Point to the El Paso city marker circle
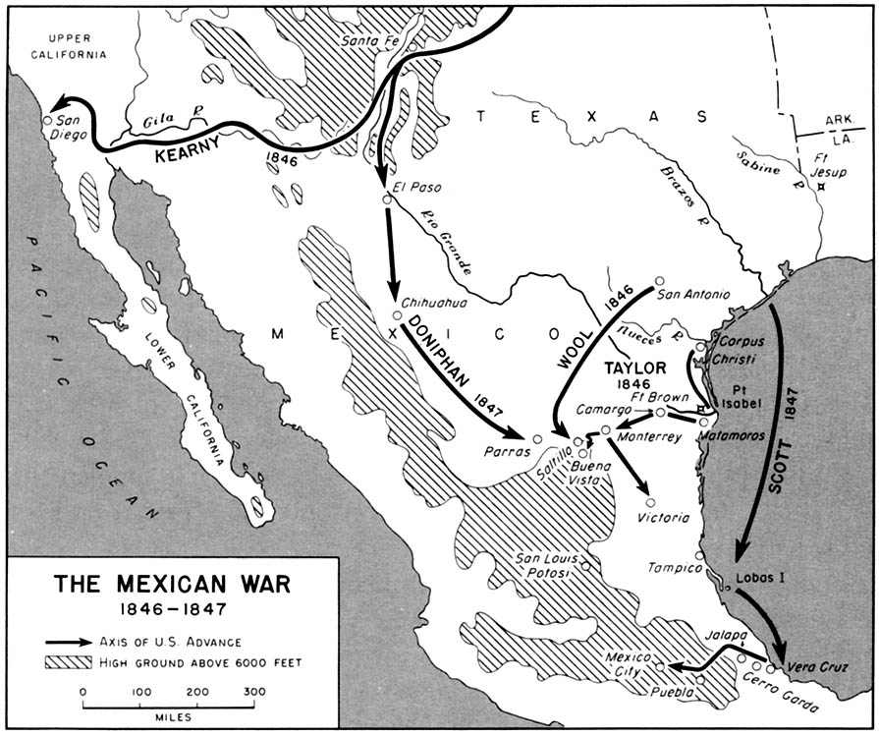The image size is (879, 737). pos(387,199)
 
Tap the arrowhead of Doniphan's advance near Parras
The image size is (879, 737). pos(517,433)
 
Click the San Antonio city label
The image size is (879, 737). pos(694,294)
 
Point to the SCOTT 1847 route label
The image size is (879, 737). pos(783,442)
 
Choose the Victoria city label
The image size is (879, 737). pos(664,518)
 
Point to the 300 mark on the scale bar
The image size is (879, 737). pos(253,692)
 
